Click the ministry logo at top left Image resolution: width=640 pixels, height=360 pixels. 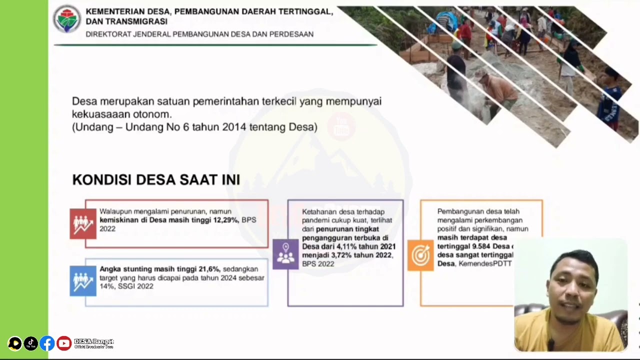pos(67,19)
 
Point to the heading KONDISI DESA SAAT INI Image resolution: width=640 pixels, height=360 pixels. pos(156,179)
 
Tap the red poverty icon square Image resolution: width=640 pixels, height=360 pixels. pos(83,223)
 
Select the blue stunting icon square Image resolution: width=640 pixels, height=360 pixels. pos(83,281)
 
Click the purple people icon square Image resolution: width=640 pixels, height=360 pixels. pos(285,254)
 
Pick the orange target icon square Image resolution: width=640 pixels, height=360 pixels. pos(420,255)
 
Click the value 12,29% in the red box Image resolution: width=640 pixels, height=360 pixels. pos(225,220)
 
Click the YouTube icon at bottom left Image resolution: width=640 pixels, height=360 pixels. pos(63,343)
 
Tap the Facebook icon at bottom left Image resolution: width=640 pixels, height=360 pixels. pos(47,343)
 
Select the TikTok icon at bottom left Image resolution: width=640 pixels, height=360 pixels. pos(30,343)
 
